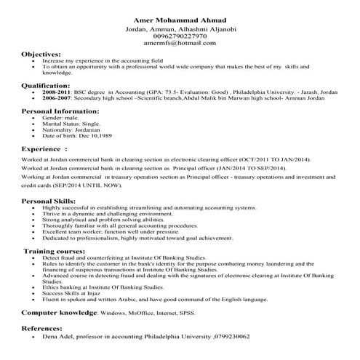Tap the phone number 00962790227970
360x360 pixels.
tap(180, 36)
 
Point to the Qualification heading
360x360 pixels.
tap(47, 85)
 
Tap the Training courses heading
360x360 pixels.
tap(55, 250)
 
